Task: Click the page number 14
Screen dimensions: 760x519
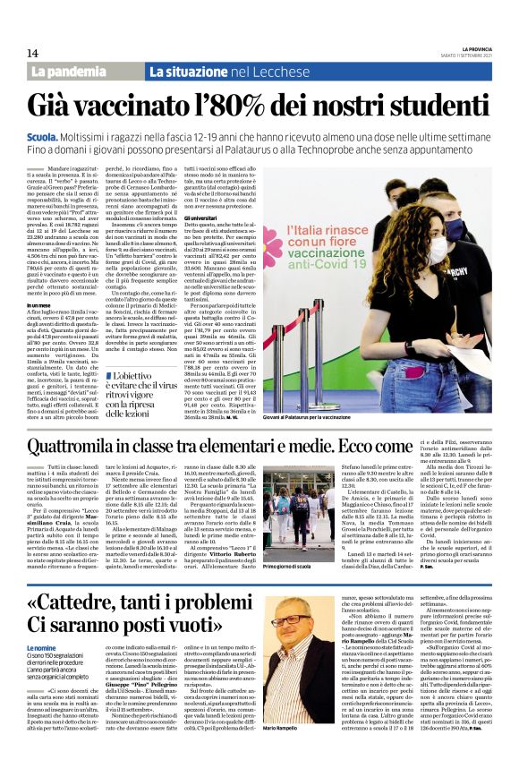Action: tap(32, 53)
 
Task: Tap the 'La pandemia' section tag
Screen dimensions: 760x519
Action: tap(82, 72)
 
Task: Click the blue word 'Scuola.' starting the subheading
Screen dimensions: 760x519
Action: tap(43, 132)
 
